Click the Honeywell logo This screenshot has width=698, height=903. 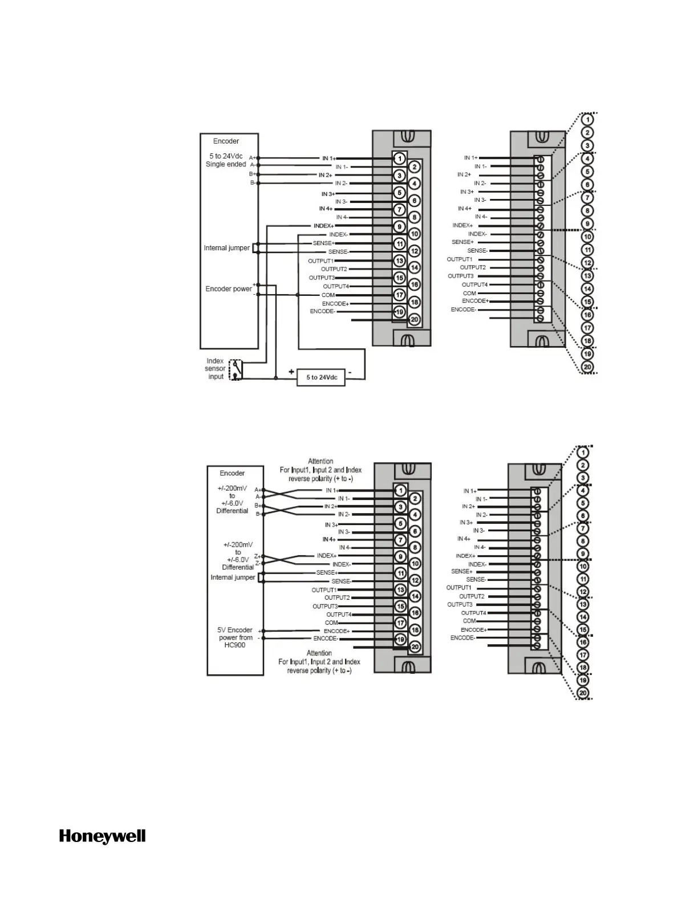(x=102, y=836)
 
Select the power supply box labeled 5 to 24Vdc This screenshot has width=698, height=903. (x=321, y=377)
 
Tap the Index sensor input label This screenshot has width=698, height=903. (x=216, y=369)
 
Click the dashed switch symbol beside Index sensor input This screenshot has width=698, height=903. (x=235, y=369)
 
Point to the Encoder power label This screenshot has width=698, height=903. (x=228, y=289)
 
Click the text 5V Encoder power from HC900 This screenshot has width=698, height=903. (x=235, y=637)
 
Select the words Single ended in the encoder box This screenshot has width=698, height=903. (x=226, y=164)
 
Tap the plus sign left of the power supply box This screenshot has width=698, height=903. (x=291, y=372)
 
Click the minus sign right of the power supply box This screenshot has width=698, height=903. (x=350, y=372)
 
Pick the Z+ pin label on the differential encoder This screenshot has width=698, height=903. (x=257, y=556)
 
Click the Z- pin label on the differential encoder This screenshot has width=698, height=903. (x=257, y=563)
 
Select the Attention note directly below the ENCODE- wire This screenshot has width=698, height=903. (x=319, y=662)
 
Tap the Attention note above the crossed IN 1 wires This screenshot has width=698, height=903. (x=320, y=470)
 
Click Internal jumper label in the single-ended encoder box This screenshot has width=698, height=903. (x=226, y=248)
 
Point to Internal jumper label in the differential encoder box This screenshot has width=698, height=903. (x=233, y=577)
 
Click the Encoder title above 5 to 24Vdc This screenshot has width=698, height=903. (x=226, y=141)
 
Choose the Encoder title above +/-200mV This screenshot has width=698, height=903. (x=232, y=473)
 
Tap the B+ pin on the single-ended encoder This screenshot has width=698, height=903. (x=252, y=174)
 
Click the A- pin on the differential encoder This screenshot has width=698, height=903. (x=257, y=497)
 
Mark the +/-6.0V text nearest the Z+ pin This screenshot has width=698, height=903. (x=238, y=560)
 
